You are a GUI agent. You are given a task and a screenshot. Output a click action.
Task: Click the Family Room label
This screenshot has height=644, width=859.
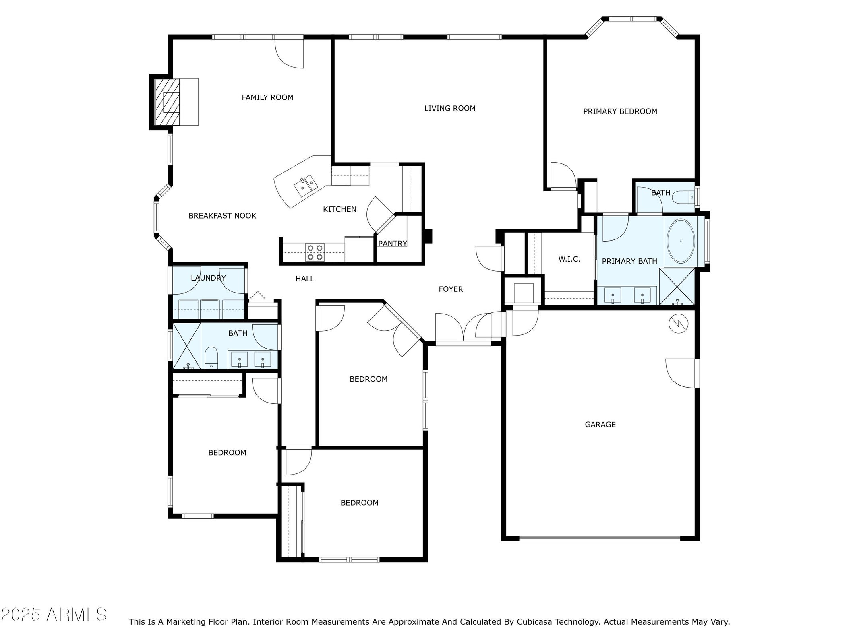tap(267, 97)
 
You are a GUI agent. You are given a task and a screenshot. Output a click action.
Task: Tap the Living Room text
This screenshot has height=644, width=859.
tap(450, 108)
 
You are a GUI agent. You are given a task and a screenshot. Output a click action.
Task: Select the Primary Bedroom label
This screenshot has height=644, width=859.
tap(620, 111)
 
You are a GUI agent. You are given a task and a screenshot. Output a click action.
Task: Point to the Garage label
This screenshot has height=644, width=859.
tap(600, 424)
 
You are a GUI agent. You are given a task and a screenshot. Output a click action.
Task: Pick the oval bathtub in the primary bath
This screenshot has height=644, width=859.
tap(681, 241)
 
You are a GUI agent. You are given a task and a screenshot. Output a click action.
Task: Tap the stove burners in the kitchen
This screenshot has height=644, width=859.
tap(315, 252)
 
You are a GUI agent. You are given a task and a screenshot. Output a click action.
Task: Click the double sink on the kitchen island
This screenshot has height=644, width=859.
tap(306, 186)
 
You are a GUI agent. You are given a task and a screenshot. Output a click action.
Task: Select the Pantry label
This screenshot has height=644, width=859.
tap(393, 244)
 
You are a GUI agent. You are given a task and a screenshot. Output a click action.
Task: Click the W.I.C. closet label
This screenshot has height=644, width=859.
tap(569, 259)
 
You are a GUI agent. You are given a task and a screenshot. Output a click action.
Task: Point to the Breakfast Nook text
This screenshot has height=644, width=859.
tap(222, 216)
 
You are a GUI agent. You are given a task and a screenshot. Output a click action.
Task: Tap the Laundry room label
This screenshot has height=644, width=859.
tap(208, 278)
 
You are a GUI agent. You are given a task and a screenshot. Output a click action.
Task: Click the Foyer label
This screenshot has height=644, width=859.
tap(451, 289)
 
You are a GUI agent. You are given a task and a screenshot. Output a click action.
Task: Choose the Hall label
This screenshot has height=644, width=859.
tap(305, 279)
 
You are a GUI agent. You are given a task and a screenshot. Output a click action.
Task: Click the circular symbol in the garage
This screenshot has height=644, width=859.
tap(679, 324)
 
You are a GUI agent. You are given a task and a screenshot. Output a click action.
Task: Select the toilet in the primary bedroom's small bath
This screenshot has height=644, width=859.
tap(687, 197)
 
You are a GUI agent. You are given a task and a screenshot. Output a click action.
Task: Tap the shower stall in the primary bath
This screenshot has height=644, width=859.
tap(677, 287)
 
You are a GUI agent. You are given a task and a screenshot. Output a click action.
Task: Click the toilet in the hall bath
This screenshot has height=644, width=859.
tap(211, 358)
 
